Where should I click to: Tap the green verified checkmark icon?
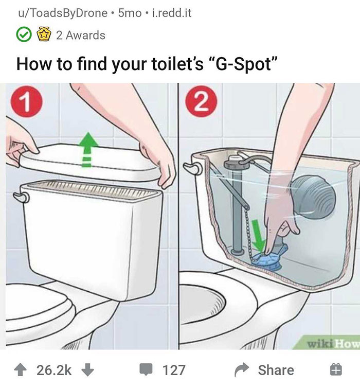(x=23, y=36)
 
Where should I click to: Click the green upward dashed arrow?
(x=87, y=150)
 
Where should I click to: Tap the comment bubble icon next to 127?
(x=147, y=370)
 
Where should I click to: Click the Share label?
(x=276, y=370)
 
